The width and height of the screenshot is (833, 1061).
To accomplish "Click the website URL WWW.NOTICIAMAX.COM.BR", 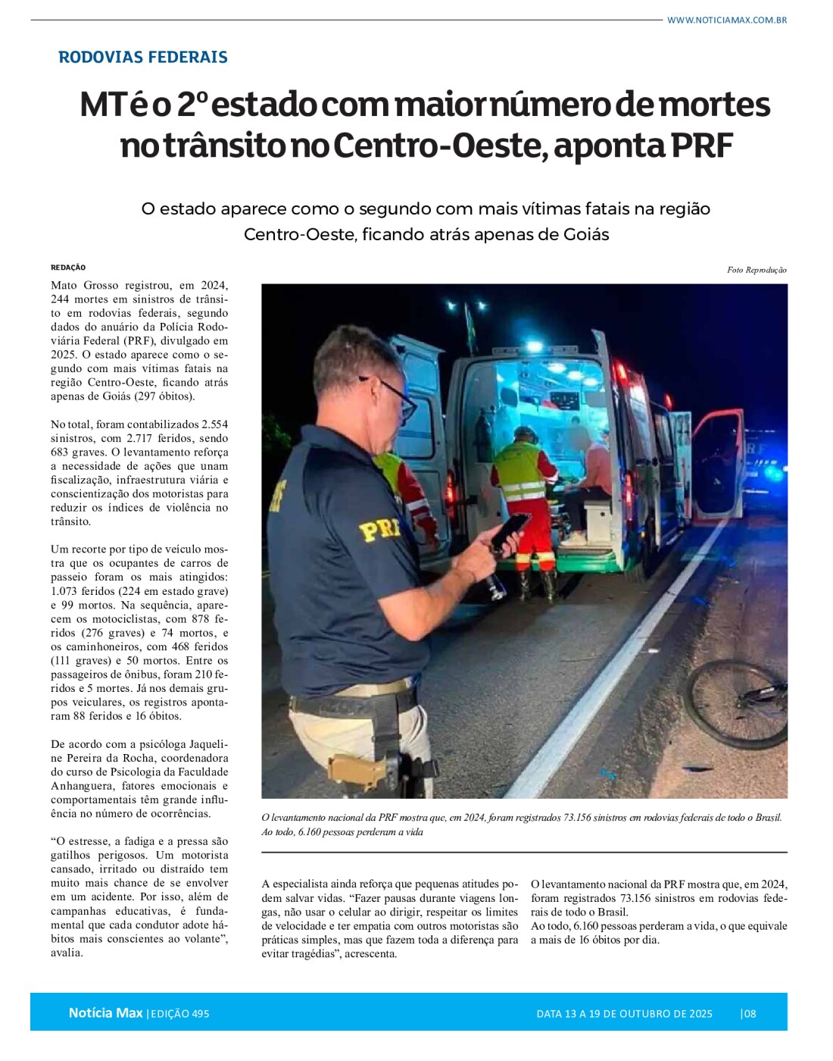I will click(726, 20).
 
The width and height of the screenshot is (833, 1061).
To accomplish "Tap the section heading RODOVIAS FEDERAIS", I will click(142, 57).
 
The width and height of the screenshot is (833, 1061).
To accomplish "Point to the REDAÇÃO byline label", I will click(68, 268).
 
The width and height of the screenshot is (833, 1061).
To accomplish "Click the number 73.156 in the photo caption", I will click(584, 818).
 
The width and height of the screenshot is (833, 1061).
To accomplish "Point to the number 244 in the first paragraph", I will click(61, 299).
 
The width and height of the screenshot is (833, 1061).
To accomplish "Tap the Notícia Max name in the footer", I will click(105, 1013).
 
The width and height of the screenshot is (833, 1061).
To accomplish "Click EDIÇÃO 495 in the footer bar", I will click(179, 1014).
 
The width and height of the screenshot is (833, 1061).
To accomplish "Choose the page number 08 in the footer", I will click(750, 1014).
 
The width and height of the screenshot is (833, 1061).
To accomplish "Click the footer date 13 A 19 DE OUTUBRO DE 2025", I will click(624, 1014).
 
